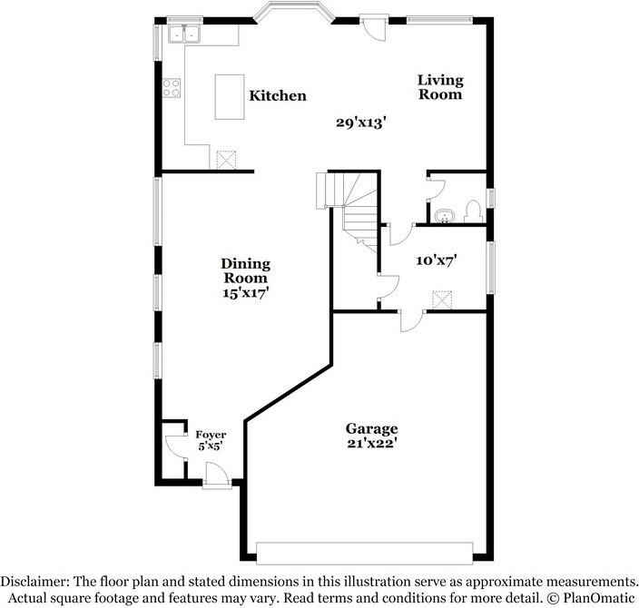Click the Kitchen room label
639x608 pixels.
278,95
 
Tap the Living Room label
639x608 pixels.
440,87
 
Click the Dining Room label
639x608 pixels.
245,270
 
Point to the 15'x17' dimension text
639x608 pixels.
245,293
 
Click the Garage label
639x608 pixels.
371,428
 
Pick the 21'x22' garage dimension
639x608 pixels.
371,444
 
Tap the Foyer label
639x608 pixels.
211,435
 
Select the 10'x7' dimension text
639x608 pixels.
436,260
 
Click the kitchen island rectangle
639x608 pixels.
230,96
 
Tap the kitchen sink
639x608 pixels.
184,34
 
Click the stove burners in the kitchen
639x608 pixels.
172,88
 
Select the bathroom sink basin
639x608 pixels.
444,216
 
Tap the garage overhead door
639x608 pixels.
364,552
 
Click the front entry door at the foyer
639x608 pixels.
216,476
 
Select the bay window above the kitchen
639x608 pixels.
292,13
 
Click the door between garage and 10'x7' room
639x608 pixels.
411,319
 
